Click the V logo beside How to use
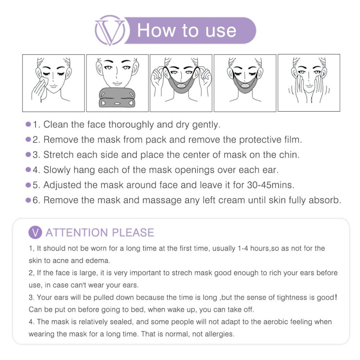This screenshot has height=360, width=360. tap(109, 30)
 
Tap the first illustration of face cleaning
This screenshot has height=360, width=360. tap(54, 83)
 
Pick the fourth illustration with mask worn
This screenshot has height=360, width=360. tap(245, 83)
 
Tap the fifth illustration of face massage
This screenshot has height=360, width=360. tap(309, 83)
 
